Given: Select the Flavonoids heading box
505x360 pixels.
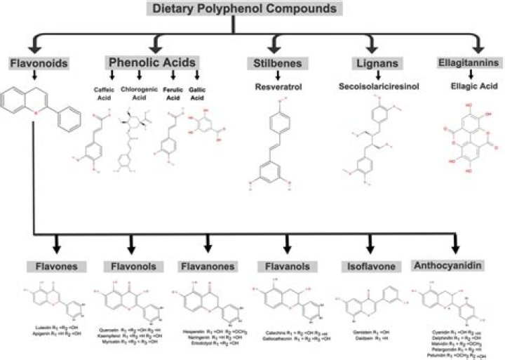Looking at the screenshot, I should (x=39, y=64).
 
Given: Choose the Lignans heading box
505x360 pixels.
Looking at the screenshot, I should (x=368, y=64).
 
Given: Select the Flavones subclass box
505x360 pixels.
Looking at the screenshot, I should (x=57, y=267).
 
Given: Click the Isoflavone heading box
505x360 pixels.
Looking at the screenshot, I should (x=368, y=267).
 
